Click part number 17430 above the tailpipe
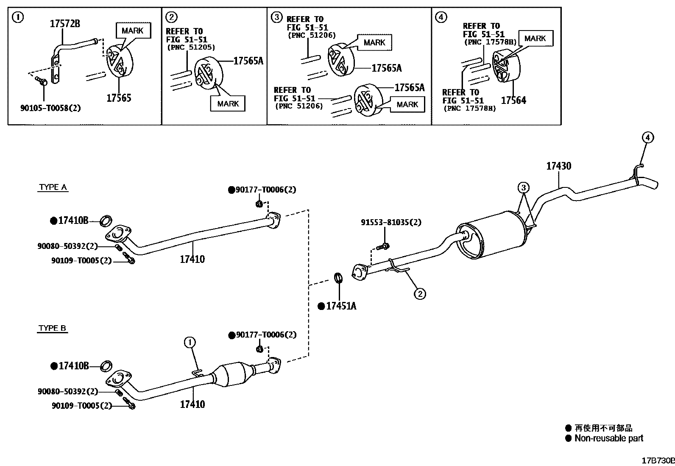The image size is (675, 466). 558,166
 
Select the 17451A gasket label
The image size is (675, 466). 341,306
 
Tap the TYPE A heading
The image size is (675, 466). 53,187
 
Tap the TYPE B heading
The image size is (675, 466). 53,328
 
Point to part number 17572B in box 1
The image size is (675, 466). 65,24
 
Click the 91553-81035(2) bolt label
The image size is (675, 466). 391,222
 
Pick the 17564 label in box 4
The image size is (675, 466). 513,100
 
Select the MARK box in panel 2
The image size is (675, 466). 228,103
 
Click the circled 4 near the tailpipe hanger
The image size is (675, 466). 647,137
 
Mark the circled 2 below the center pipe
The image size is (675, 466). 419,293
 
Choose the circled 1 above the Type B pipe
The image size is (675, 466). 190,342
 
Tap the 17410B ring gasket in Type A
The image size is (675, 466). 106,220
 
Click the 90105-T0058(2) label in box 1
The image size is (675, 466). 50,108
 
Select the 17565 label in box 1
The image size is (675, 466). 119,98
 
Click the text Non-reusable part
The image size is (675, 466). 608,438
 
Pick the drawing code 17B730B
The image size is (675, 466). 658,460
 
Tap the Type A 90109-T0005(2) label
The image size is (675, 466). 81,261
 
